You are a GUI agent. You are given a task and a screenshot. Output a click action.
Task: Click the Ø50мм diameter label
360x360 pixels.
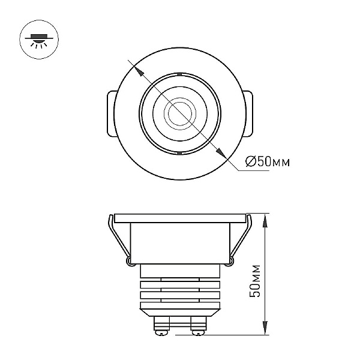coord(268,161)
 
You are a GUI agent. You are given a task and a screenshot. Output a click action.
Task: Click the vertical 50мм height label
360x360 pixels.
coord(255,281)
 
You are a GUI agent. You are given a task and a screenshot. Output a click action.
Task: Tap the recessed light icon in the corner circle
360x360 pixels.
coord(39,40)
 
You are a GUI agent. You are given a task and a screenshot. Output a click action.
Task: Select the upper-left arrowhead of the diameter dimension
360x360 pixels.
coord(139,71)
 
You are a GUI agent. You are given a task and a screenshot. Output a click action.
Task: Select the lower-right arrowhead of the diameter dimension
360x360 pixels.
coord(221,153)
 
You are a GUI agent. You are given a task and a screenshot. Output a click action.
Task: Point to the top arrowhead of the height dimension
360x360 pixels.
coord(265,221)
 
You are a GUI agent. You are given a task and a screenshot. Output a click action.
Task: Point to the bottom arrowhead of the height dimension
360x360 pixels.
coord(265,328)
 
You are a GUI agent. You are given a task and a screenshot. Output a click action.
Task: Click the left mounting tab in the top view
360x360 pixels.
coord(112,114)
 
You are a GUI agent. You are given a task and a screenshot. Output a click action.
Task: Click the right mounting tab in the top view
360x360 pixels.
coord(248,114)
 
